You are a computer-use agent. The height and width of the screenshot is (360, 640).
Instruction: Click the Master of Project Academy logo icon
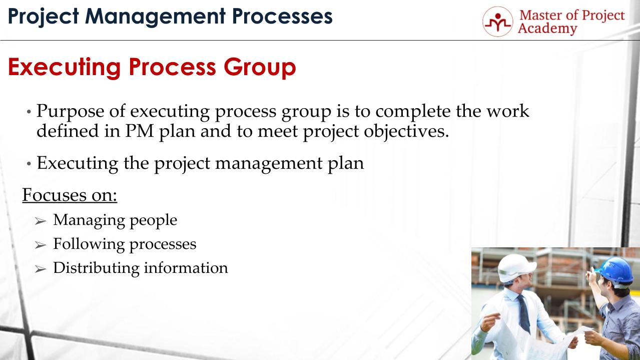[497, 22]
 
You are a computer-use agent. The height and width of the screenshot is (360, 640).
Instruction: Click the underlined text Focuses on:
[70, 194]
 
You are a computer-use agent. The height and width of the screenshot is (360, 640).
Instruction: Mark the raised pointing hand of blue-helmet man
[595, 271]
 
